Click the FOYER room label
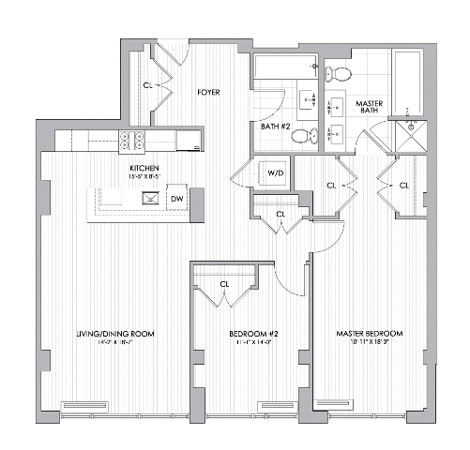click(208, 93)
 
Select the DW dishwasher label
click(176, 199)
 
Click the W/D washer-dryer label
click(276, 173)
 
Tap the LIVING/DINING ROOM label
click(115, 334)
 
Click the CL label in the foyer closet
click(148, 84)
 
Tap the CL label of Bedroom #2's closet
click(224, 284)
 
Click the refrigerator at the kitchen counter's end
click(190, 142)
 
